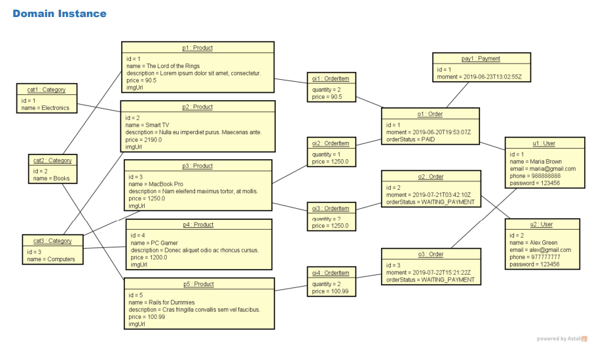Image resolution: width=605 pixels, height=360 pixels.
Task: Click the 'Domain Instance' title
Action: pos(60,13)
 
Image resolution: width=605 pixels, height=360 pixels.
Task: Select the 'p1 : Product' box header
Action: pos(197,48)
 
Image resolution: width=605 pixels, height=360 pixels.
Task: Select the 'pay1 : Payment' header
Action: pos(481,59)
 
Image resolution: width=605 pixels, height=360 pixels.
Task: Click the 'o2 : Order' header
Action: pos(431,177)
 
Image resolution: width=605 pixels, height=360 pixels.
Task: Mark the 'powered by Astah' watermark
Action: pos(562,338)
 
